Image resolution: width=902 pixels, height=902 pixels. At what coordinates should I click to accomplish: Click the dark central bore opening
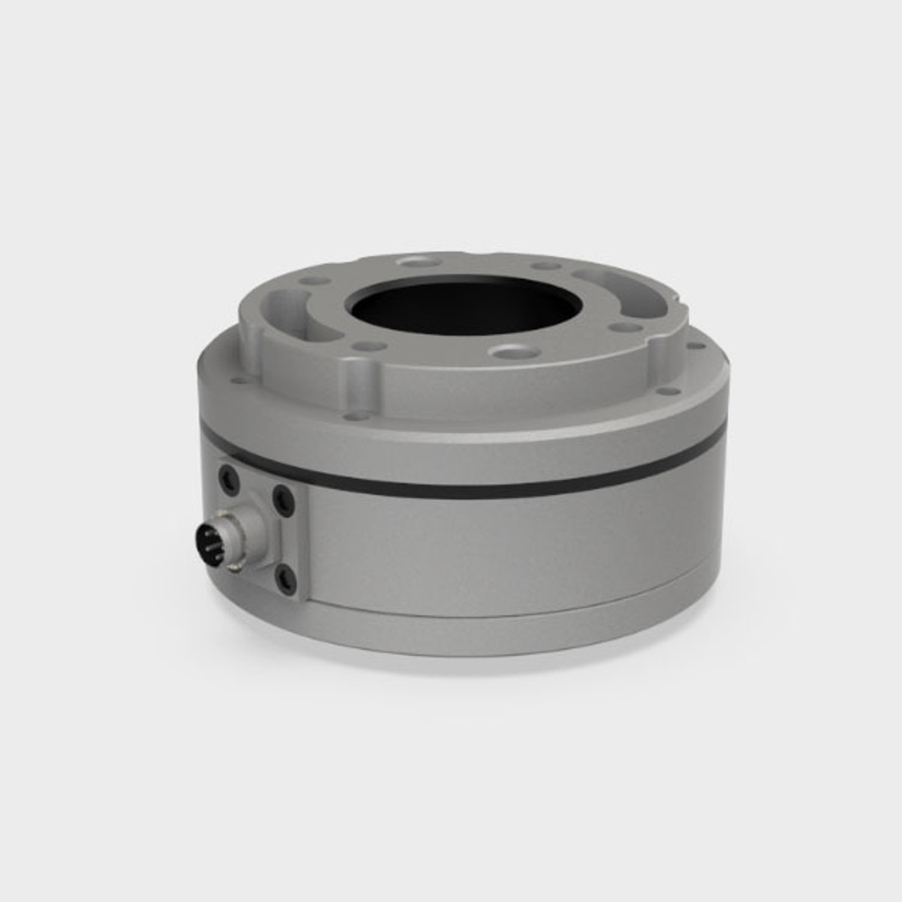(465, 307)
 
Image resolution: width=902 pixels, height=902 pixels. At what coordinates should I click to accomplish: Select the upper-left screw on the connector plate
(229, 479)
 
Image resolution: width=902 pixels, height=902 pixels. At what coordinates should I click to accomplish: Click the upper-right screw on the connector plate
(283, 499)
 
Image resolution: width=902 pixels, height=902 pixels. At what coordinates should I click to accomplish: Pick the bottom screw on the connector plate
(285, 578)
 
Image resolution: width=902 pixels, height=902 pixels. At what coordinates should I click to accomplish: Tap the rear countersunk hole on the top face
(419, 262)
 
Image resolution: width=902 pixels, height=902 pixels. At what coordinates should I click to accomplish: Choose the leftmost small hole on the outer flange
(240, 380)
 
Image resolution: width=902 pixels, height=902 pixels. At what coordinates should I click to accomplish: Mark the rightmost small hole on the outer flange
(695, 345)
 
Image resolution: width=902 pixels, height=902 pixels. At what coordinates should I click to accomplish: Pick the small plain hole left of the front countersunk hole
(369, 345)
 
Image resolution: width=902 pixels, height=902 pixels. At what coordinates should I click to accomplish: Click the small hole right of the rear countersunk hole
(545, 266)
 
